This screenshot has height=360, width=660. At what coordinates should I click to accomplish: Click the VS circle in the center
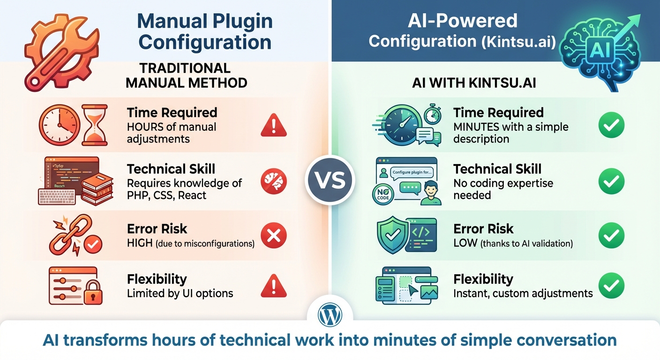[330, 180]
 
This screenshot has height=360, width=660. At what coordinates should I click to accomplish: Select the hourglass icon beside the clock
[95, 125]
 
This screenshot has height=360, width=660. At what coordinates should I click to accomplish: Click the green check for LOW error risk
[612, 235]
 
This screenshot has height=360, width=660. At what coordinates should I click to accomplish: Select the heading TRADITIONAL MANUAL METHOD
[187, 75]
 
